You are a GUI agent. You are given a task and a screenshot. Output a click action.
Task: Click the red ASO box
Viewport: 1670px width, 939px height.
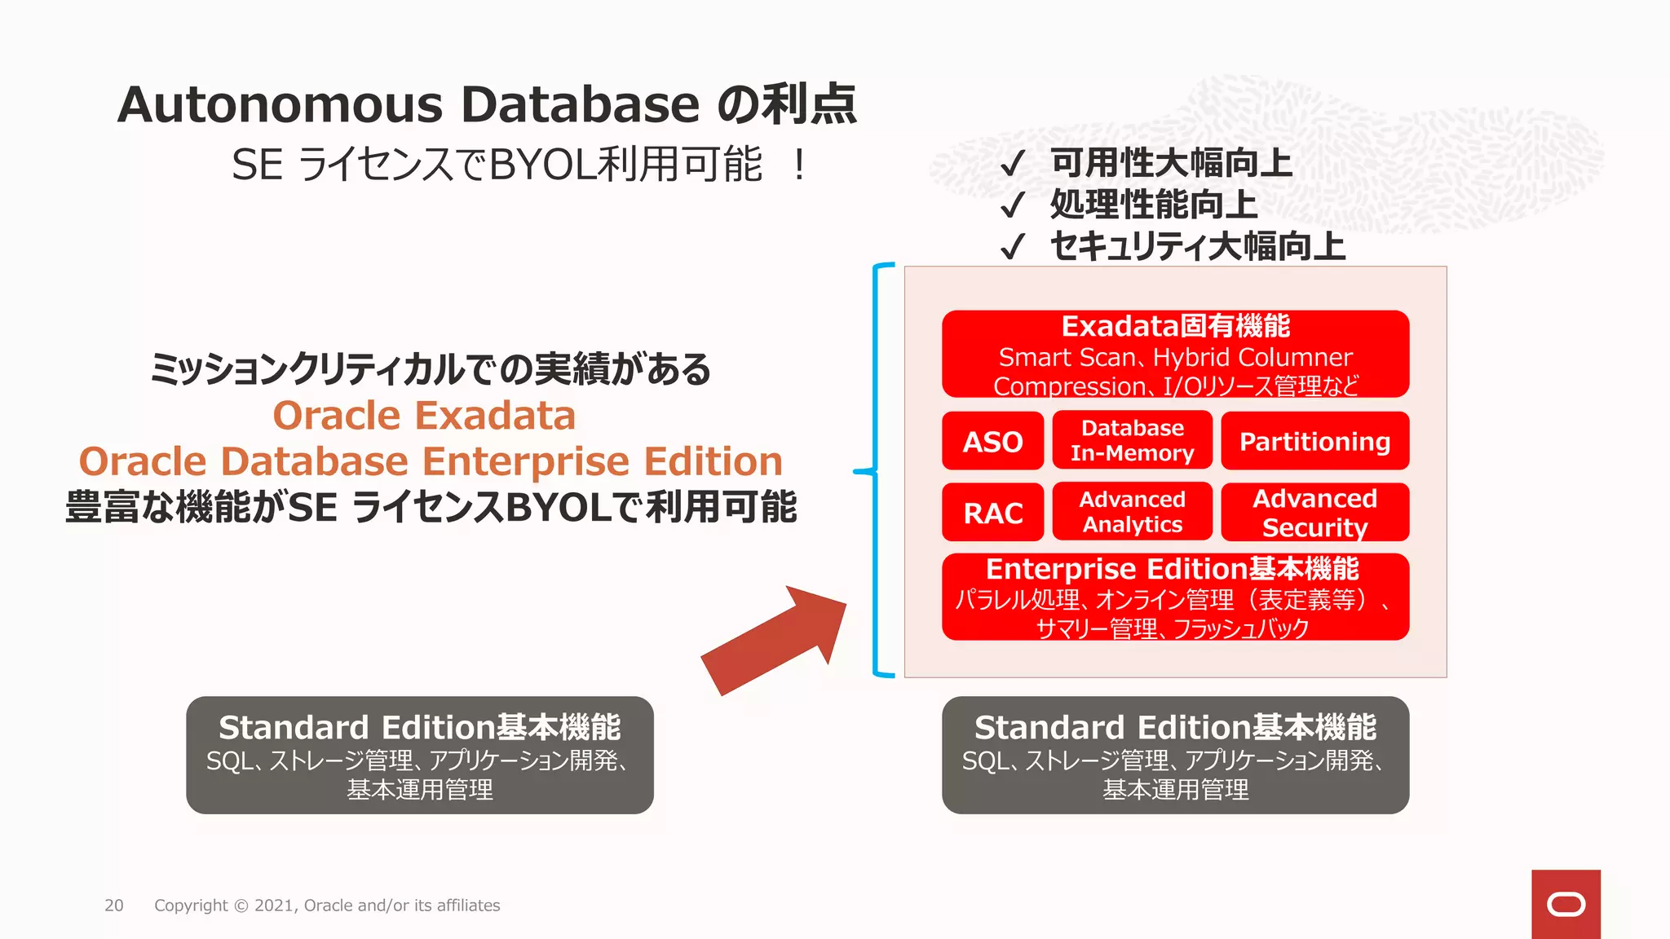click(992, 441)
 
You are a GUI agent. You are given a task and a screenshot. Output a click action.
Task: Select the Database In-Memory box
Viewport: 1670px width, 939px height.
click(1132, 441)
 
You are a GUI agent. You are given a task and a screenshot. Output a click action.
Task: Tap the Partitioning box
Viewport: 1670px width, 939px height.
click(1314, 441)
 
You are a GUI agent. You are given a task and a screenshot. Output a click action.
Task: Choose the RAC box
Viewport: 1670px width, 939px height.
click(992, 513)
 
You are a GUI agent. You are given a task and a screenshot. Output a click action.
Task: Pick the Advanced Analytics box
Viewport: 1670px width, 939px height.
click(1132, 512)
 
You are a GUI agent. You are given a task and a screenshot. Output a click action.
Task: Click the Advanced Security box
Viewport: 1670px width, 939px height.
click(1314, 512)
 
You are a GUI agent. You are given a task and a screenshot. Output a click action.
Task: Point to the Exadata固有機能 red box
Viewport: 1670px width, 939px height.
click(1175, 354)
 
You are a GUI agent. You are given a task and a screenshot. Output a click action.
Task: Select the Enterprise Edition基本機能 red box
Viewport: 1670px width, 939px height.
click(1175, 597)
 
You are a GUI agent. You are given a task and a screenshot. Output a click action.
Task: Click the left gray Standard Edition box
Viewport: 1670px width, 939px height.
click(420, 755)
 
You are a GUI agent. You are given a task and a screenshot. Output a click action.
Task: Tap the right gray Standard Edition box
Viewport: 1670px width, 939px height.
click(1175, 755)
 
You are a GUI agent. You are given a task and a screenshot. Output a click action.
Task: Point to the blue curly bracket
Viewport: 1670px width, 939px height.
click(877, 470)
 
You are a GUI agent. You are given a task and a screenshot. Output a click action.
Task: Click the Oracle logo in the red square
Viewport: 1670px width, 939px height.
click(1566, 904)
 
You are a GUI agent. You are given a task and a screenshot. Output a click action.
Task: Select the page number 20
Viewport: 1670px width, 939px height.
click(114, 906)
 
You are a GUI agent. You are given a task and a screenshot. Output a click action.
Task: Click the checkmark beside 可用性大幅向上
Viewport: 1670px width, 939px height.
click(1012, 164)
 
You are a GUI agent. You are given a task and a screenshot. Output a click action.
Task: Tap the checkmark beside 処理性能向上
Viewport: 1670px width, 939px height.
click(1012, 205)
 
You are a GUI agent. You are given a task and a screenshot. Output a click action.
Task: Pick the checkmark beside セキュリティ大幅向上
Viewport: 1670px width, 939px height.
click(1012, 246)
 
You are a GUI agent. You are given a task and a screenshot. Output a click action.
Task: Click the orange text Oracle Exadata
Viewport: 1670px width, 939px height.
click(424, 416)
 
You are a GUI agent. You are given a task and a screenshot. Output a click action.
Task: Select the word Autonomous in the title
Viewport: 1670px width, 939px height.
click(280, 105)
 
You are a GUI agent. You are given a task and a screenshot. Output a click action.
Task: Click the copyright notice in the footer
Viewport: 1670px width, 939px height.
click(327, 906)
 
